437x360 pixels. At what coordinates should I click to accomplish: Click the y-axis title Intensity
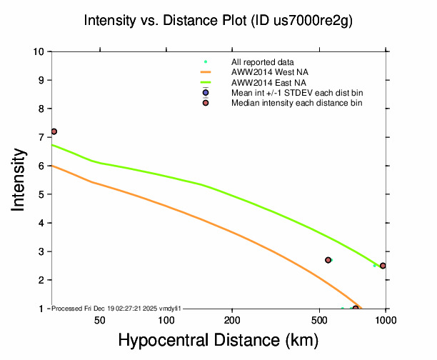coord(19,180)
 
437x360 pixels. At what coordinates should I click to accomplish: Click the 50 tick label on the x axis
coord(100,319)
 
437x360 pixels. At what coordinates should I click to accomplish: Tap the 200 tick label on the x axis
coord(232,319)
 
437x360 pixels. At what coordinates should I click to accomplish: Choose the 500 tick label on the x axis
coord(319,319)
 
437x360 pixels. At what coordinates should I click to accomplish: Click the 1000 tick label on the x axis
coord(386,319)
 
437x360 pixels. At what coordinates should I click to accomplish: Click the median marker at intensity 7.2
coord(54,131)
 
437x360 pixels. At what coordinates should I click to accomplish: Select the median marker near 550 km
coord(328,260)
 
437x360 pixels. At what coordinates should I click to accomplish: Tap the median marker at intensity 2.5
coord(383,266)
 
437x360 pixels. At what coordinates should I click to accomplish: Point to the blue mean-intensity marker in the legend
coord(206,93)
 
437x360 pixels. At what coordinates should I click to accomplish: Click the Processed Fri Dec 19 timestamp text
coord(118,308)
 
